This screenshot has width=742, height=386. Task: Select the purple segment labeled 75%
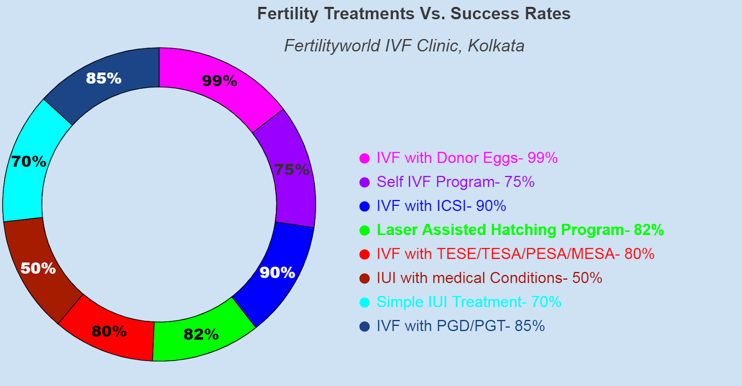coord(292,169)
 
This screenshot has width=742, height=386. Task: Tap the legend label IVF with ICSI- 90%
coord(441,206)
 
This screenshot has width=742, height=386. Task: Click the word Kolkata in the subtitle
coord(496,46)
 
